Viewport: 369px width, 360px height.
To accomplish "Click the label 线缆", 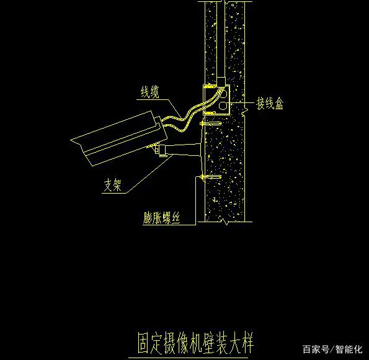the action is [x=150, y=92].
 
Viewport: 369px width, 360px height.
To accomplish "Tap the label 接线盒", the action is [x=270, y=103].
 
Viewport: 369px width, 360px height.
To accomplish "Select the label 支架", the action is [x=113, y=185].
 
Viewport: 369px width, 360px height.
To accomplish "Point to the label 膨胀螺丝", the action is [x=162, y=218].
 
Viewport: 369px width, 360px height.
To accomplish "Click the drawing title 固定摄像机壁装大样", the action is [x=195, y=343].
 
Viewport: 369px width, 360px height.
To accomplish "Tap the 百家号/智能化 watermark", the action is [x=332, y=349].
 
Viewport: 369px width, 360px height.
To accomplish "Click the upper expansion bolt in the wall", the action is [x=211, y=124].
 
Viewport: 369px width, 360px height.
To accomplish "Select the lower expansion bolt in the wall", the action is [x=211, y=177].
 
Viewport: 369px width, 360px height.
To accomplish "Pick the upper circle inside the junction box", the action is [x=223, y=94].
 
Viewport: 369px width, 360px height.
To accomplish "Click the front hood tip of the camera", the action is [x=71, y=140].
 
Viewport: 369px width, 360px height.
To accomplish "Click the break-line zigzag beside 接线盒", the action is [x=244, y=112].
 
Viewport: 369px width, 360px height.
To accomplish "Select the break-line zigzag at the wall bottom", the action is [x=226, y=222].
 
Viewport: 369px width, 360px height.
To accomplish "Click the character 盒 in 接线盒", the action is [x=279, y=103].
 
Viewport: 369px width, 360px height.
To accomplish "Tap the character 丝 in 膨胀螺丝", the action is [x=176, y=218].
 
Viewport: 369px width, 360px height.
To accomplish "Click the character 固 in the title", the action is [x=143, y=343].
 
